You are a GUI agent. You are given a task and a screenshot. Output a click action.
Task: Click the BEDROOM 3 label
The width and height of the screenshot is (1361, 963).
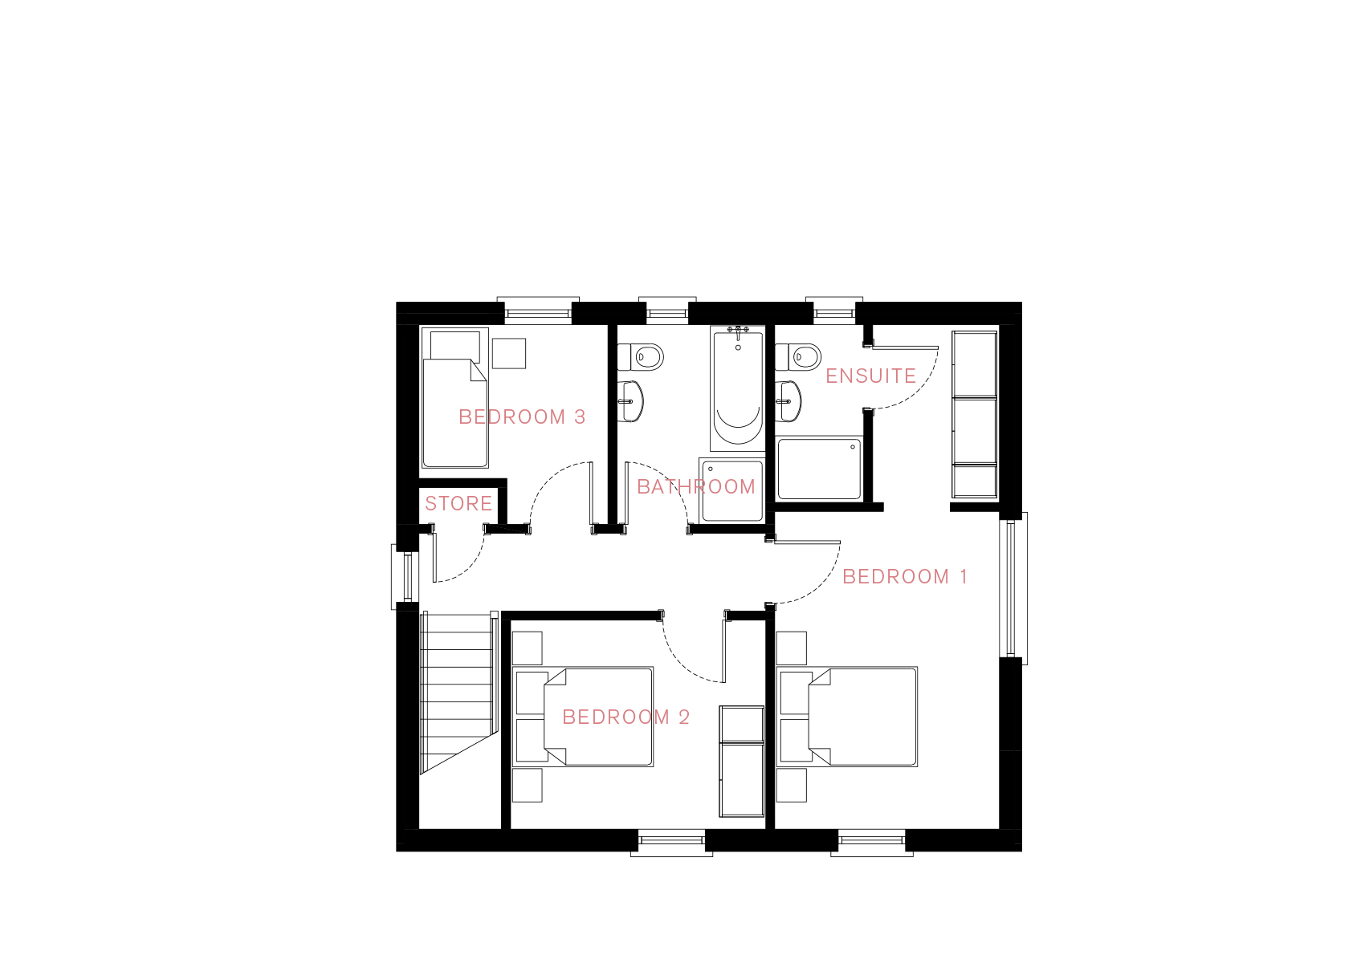(521, 417)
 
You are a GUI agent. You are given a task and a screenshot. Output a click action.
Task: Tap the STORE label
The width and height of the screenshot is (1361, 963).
(458, 503)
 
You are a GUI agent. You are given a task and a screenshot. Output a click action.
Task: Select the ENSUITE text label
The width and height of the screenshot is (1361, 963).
(870, 376)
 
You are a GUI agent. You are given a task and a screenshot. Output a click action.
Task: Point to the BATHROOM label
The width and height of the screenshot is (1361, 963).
(695, 486)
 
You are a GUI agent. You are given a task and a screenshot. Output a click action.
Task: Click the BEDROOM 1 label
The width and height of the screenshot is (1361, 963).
(905, 576)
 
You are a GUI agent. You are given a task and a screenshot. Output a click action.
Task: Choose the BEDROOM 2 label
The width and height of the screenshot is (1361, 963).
(625, 717)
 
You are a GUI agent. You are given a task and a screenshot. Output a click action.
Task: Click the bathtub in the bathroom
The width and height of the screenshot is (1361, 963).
(738, 388)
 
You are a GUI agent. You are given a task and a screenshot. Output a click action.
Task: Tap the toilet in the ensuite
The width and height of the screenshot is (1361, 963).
(798, 357)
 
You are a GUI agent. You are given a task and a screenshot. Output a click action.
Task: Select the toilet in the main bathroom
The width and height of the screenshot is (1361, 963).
(641, 357)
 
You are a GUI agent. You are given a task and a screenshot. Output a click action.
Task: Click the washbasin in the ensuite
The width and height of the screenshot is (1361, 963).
(788, 401)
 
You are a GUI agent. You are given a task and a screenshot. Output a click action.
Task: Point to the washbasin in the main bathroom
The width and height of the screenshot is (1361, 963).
(630, 401)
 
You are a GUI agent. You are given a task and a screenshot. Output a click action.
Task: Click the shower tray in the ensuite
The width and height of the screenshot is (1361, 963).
(819, 469)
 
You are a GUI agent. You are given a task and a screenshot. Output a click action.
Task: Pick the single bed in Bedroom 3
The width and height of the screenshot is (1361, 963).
(454, 398)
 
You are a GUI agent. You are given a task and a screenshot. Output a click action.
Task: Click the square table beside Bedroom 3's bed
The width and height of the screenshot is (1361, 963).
(508, 353)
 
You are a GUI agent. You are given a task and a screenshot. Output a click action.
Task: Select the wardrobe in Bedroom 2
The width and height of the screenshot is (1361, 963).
(741, 762)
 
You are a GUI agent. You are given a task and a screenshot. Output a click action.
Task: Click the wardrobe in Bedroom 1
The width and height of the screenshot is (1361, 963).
(975, 415)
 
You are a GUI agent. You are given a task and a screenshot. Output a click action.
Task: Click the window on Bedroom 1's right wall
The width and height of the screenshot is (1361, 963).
(1013, 587)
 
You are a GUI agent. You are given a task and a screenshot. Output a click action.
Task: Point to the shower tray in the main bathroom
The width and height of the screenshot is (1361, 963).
(732, 490)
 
